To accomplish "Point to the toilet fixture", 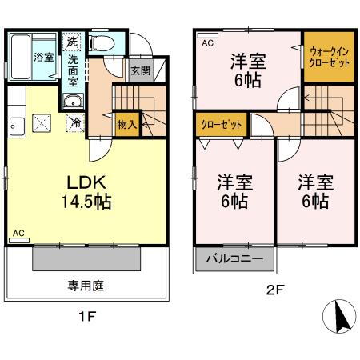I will [x=102, y=43].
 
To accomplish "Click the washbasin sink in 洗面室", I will [x=74, y=102].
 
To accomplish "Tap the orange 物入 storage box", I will [x=126, y=124].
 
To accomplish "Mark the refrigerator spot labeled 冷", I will [x=74, y=124].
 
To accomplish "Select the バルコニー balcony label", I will [x=234, y=259].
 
